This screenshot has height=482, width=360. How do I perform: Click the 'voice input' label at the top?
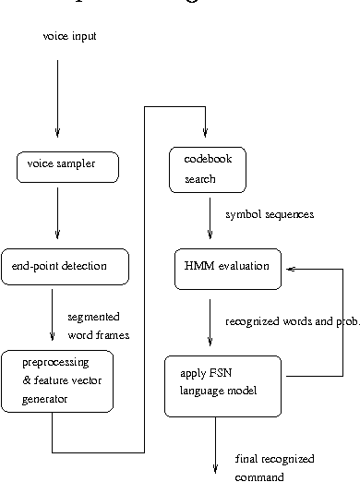(69, 36)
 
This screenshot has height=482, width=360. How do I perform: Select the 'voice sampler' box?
(67, 167)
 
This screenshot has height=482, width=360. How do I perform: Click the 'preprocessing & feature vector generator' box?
(57, 380)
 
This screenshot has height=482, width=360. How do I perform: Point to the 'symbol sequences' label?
(270, 214)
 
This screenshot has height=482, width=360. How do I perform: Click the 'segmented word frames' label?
(98, 325)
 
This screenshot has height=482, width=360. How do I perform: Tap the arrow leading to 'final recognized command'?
(214, 441)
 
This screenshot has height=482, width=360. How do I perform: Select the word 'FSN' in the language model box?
(219, 375)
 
